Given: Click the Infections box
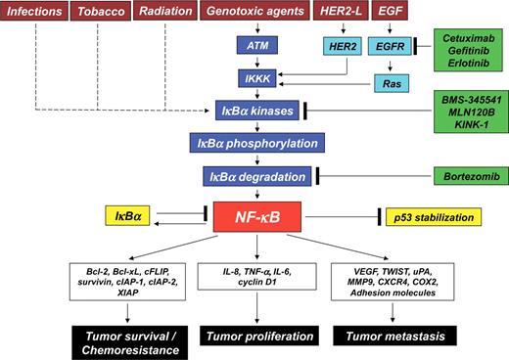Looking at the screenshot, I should pyautogui.click(x=33, y=13).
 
